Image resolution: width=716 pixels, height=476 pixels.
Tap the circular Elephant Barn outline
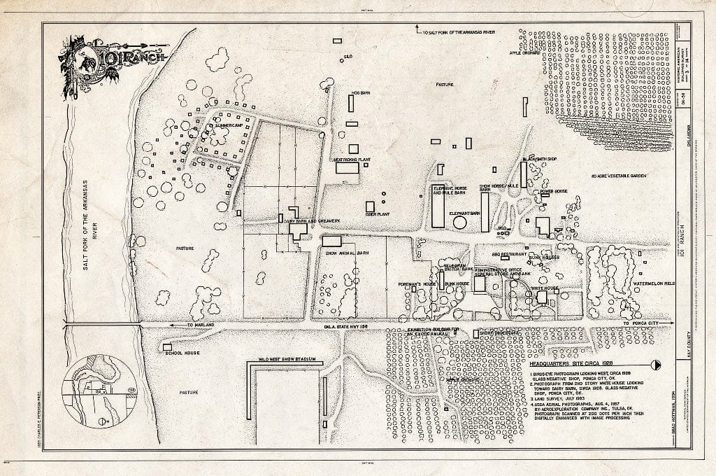click(x=460, y=223)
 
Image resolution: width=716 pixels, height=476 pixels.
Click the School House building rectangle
click(x=167, y=346)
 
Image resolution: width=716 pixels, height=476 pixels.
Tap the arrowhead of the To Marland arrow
click(x=171, y=326)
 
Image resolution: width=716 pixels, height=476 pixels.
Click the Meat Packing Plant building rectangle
click(x=348, y=168)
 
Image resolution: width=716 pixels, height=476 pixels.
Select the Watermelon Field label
click(x=654, y=284)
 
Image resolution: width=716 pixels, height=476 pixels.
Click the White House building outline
click(x=542, y=297)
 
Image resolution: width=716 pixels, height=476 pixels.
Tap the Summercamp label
click(x=224, y=126)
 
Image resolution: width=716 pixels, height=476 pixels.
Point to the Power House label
click(x=553, y=191)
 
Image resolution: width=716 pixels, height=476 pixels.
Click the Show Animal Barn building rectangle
click(x=331, y=241)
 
